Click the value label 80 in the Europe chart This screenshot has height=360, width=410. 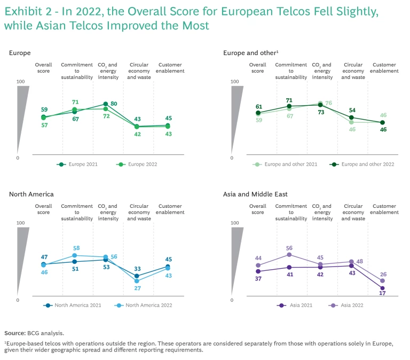pyautogui.click(x=114, y=103)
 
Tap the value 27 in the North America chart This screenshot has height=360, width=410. pyautogui.click(x=137, y=289)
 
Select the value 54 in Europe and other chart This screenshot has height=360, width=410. pyautogui.click(x=352, y=110)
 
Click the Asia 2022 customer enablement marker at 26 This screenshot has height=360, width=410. pyautogui.click(x=382, y=281)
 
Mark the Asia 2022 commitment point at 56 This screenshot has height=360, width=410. pyautogui.click(x=289, y=255)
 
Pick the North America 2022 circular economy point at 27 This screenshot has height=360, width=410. pyautogui.click(x=137, y=281)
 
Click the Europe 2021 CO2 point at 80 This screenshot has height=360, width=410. pyautogui.click(x=106, y=104)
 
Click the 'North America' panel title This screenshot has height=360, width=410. pyautogui.click(x=31, y=194)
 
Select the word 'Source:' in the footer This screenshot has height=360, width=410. pyautogui.click(x=16, y=333)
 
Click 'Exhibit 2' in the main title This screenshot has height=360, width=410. pyautogui.click(x=27, y=12)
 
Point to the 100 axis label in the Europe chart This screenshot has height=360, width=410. pyautogui.click(x=21, y=81)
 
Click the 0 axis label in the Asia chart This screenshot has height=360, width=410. pyautogui.click(x=232, y=300)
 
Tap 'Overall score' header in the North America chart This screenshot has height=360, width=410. pyautogui.click(x=43, y=209)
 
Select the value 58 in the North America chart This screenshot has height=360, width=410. pyautogui.click(x=76, y=248)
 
